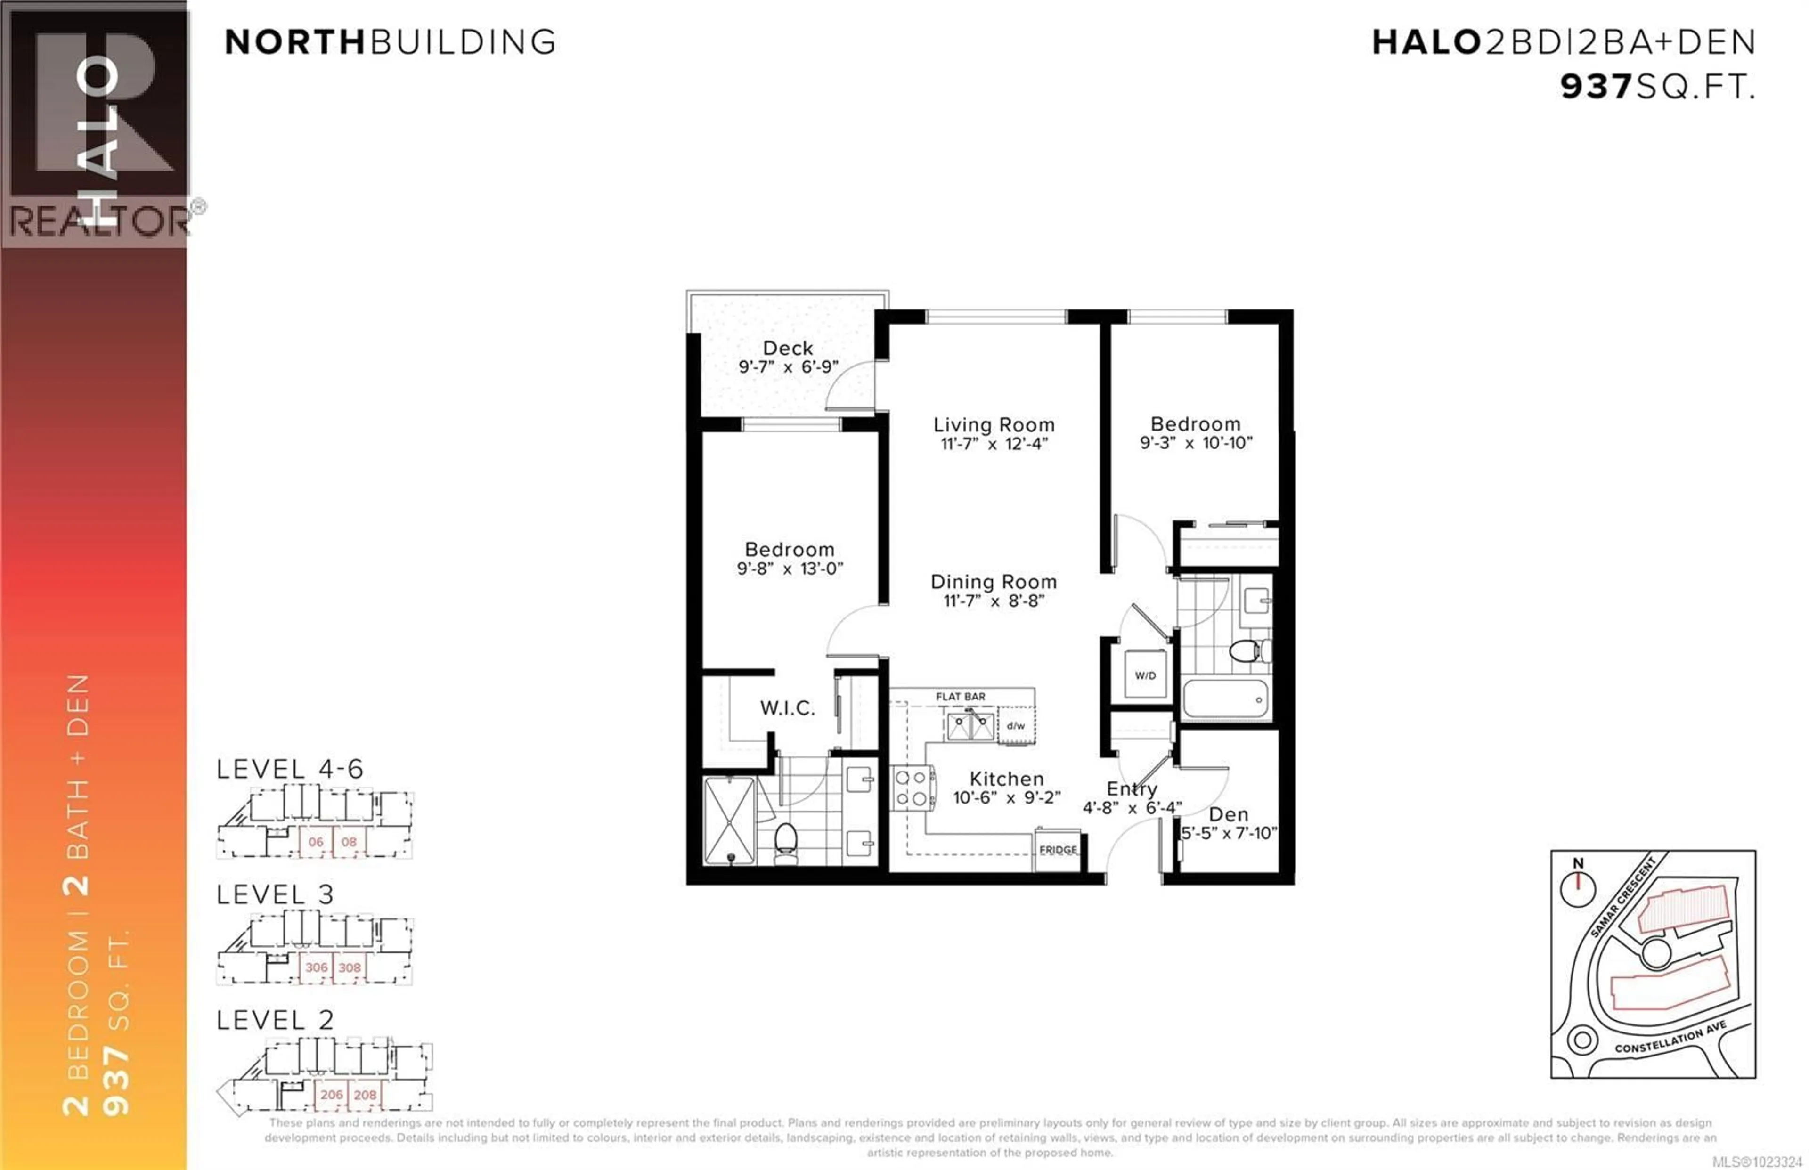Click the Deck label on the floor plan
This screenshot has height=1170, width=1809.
click(x=788, y=348)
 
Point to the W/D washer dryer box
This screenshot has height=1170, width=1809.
click(x=1145, y=675)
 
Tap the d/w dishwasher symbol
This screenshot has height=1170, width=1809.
click(x=1016, y=725)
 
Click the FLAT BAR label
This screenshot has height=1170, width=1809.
click(x=961, y=696)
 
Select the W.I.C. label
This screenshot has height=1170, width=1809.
click(x=787, y=708)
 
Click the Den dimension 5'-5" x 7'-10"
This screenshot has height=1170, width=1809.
click(x=1229, y=833)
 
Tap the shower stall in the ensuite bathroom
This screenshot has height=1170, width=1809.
click(x=729, y=821)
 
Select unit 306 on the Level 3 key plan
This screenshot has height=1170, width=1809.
click(x=316, y=967)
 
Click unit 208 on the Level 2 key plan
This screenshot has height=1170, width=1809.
click(x=365, y=1095)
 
